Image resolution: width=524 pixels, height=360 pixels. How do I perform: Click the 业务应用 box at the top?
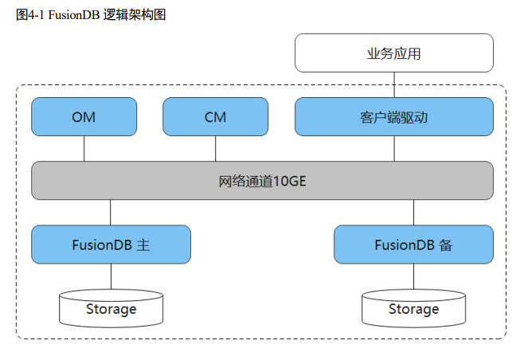[x=393, y=53]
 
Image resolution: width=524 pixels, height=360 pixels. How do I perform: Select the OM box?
[x=84, y=117]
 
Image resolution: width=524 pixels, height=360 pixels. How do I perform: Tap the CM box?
[x=215, y=117]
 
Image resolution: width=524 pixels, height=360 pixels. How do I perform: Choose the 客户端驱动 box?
[x=393, y=117]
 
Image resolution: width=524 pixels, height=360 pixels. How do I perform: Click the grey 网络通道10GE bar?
[x=262, y=180]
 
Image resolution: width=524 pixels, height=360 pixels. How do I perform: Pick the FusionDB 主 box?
[x=111, y=245]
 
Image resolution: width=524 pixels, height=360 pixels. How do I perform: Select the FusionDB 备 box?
[x=413, y=245]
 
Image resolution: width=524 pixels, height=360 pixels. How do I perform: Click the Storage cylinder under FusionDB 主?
[x=111, y=308]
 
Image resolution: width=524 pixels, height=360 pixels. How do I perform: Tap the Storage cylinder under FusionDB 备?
[x=413, y=308]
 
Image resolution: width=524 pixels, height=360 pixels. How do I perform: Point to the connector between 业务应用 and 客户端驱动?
[x=393, y=85]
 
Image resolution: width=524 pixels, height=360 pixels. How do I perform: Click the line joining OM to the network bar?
[x=84, y=148]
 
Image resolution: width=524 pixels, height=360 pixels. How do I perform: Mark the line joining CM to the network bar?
[x=215, y=148]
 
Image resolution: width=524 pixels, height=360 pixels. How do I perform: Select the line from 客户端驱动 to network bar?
[x=393, y=148]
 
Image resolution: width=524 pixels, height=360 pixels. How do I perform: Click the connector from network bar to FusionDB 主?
[x=111, y=212]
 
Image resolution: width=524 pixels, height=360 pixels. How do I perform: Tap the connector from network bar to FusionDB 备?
[x=413, y=212]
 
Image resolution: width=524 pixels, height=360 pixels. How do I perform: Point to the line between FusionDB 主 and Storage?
[x=111, y=276]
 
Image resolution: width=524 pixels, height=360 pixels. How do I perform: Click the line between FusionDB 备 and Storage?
[x=413, y=276]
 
